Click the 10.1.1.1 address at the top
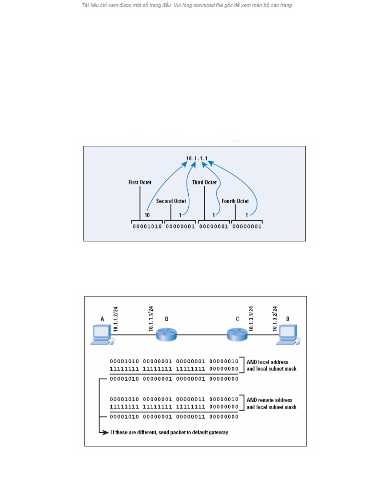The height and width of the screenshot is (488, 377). (197, 158)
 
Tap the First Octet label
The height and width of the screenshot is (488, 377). (140, 182)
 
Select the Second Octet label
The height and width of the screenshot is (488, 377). (171, 201)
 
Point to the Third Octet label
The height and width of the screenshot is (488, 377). (204, 182)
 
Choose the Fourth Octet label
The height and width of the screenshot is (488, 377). (235, 201)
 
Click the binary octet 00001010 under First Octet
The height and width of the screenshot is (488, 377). (147, 227)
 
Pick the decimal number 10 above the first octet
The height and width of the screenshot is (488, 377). (147, 215)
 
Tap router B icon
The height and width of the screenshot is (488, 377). (166, 335)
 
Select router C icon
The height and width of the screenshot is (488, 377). (237, 335)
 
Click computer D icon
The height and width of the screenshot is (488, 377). (288, 335)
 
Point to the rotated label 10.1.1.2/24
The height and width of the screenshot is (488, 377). (116, 319)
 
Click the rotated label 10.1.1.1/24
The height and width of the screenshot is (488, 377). (151, 319)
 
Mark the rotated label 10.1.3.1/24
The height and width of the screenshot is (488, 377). (251, 319)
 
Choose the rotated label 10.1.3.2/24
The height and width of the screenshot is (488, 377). (275, 319)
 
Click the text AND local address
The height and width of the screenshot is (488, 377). (267, 362)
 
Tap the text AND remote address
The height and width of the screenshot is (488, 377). (270, 400)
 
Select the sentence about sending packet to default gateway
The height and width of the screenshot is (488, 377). (170, 432)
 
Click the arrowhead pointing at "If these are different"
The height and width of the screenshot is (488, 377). (106, 433)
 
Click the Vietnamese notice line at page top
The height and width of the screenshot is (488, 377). (187, 5)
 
